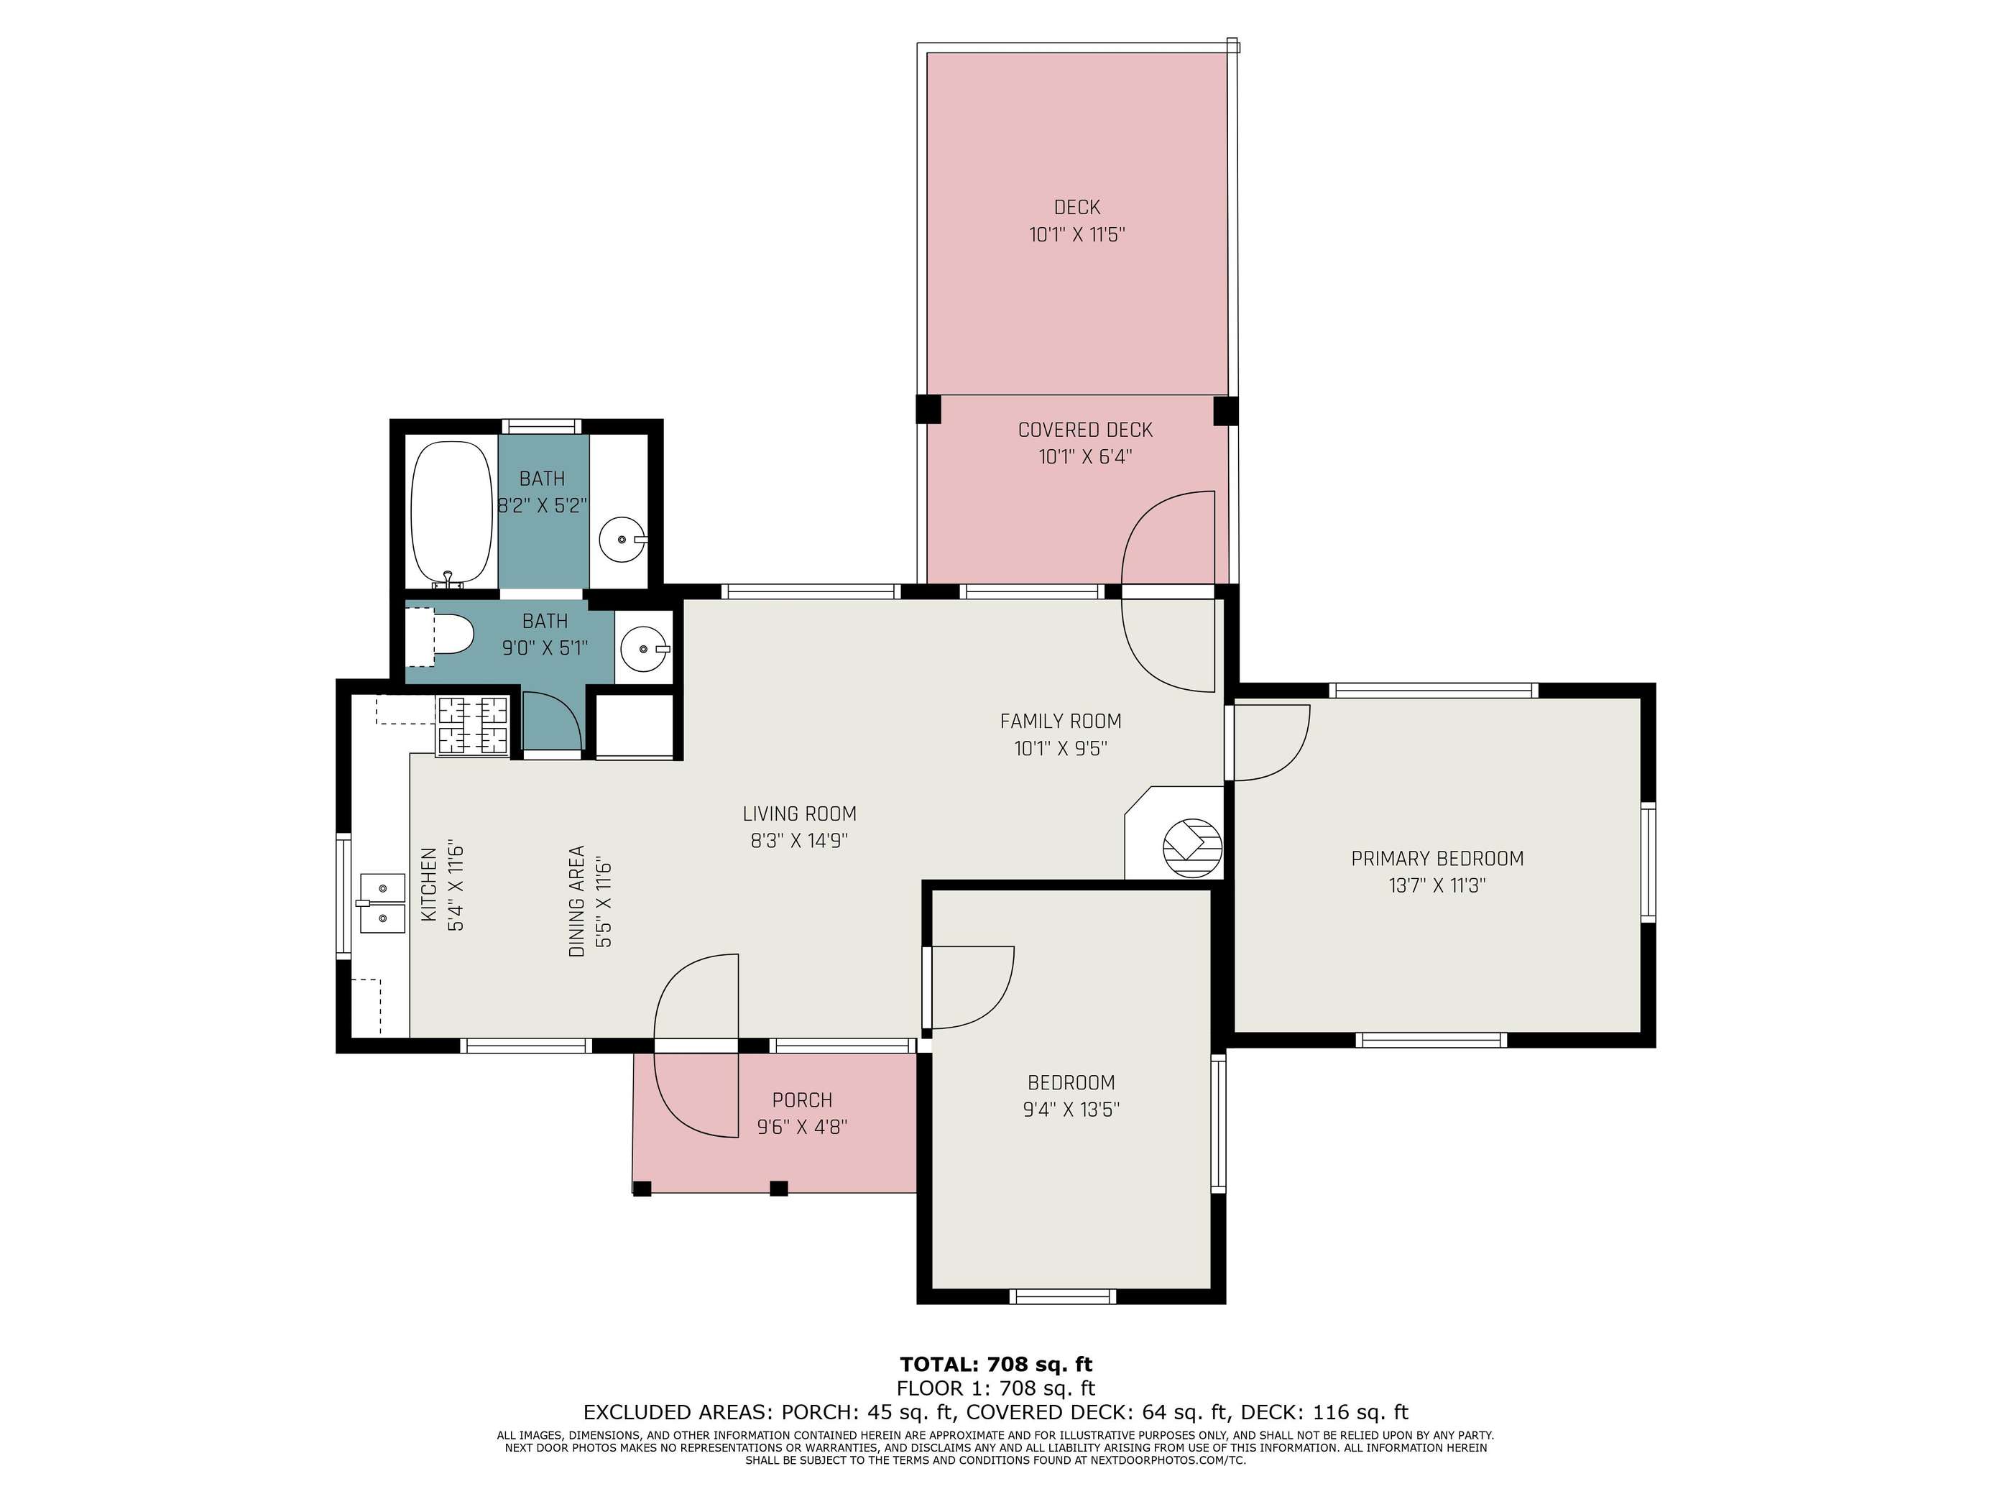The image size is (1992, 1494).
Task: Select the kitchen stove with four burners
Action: [x=473, y=726]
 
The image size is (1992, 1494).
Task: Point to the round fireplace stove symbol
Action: [x=1193, y=847]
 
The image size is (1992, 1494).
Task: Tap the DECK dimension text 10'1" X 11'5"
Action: [x=1077, y=235]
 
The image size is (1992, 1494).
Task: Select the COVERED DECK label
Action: [x=1085, y=430]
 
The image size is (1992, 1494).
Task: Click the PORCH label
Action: [x=803, y=1100]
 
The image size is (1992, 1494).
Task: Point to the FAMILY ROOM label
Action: [x=1061, y=721]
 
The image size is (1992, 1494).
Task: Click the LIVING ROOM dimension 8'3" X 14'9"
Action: [x=800, y=841]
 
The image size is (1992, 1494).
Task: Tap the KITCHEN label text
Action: [x=430, y=885]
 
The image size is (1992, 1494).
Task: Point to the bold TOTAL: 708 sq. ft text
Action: [x=996, y=1365]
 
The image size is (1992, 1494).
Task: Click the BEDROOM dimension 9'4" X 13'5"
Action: [x=1071, y=1110]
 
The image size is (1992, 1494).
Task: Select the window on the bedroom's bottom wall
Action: [x=1063, y=1297]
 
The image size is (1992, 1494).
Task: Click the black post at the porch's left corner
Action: [x=641, y=1189]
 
